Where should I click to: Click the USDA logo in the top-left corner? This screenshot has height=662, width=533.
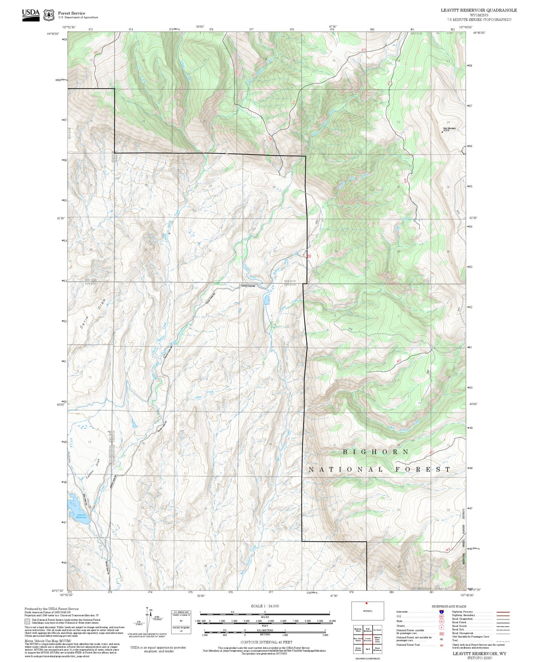click(31, 15)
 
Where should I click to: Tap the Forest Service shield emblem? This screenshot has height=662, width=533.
click(49, 15)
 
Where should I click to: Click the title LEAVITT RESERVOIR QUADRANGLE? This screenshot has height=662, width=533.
click(478, 10)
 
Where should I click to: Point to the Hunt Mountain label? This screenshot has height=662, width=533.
click(449, 128)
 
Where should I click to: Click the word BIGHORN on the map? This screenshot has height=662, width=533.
click(375, 452)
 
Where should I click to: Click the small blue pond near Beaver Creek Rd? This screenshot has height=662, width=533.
click(266, 299)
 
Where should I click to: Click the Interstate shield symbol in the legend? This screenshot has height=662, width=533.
click(441, 612)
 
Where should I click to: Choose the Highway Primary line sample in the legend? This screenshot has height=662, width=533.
click(503, 612)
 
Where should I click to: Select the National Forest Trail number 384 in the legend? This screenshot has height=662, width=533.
click(441, 645)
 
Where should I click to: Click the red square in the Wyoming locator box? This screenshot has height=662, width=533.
click(366, 603)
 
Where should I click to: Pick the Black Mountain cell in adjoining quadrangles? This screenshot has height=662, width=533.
click(377, 649)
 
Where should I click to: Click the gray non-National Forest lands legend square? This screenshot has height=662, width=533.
click(27, 621)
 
